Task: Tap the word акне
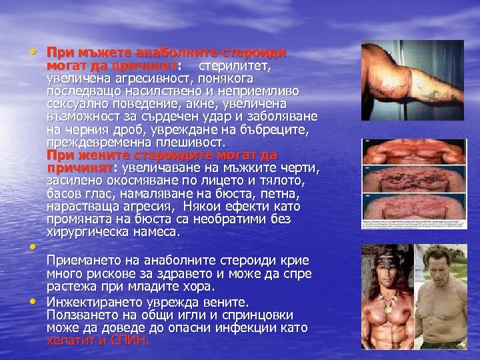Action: coord(195,105)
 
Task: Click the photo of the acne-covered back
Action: coord(413,183)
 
